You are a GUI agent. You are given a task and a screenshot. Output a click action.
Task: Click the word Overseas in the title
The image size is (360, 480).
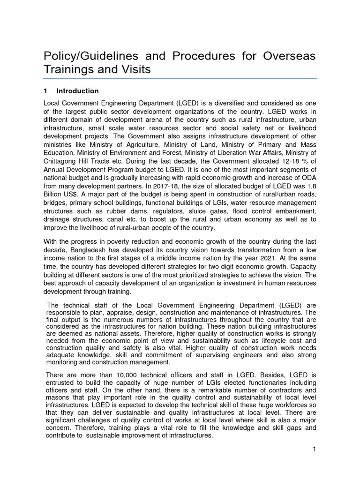pos(286,56)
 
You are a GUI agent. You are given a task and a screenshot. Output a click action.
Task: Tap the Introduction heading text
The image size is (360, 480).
pos(77,91)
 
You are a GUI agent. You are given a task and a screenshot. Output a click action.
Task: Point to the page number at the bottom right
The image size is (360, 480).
pos(315,450)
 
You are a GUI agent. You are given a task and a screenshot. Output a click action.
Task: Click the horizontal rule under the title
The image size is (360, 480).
pos(180,79)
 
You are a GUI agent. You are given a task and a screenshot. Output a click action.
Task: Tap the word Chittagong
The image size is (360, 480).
pos(61,161)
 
